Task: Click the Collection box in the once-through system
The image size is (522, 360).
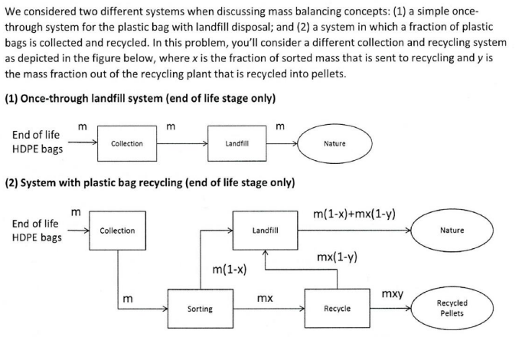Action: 126,144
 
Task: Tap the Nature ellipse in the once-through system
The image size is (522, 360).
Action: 334,144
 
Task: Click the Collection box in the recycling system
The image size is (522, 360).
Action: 118,231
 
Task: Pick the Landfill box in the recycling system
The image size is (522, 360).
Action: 265,230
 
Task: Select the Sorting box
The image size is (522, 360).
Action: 200,309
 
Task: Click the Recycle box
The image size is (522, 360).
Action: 338,309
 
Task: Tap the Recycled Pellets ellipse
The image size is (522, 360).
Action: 452,309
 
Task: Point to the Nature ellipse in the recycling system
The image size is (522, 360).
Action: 452,230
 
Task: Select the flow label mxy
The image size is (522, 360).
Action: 393,294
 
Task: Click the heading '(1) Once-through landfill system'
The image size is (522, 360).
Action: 140,99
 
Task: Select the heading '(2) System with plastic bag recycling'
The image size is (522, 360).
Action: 151,184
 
